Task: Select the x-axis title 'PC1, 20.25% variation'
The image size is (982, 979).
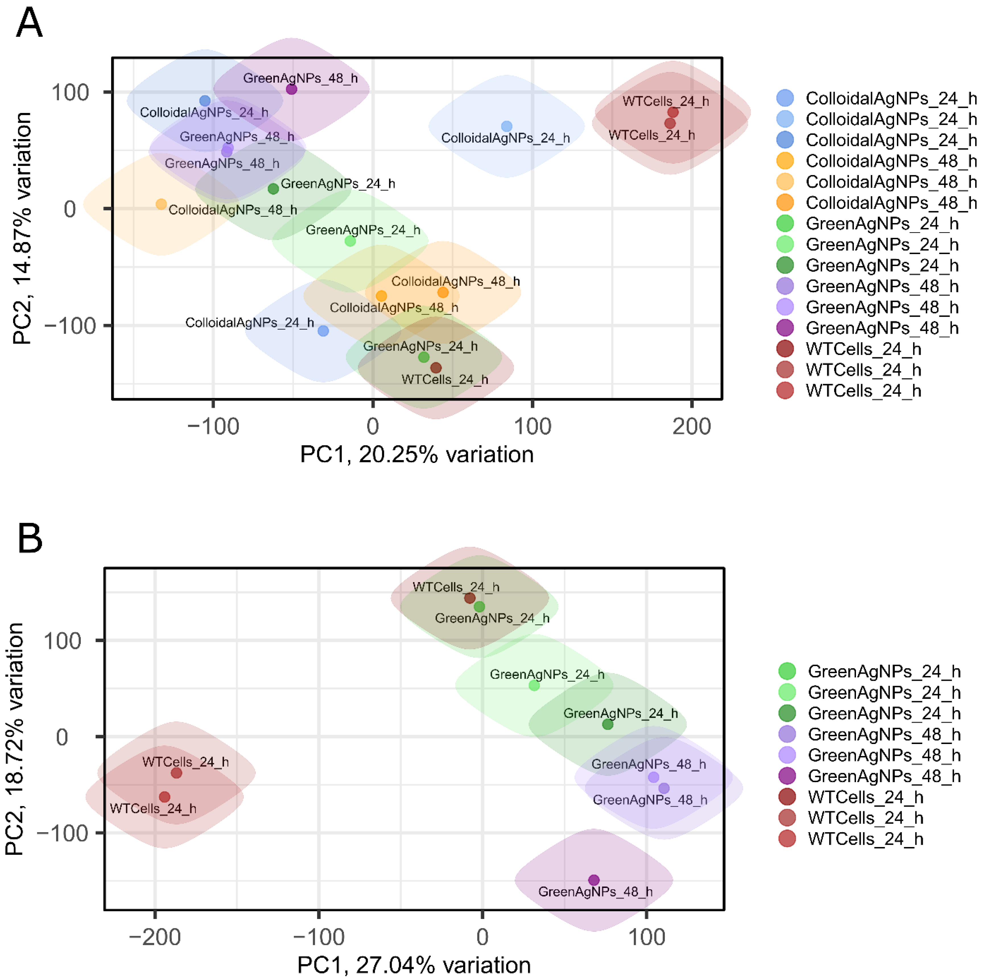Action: pos(417,454)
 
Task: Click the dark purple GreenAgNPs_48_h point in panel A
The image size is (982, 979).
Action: pos(291,89)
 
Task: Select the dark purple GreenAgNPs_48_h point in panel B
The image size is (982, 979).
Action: pos(594,879)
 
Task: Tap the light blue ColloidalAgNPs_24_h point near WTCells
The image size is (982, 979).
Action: pos(506,126)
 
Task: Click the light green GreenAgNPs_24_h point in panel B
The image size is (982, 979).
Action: pos(534,685)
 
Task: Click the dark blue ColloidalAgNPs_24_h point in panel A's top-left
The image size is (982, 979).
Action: pos(205,101)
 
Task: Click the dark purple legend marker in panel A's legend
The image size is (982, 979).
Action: pos(785,328)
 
